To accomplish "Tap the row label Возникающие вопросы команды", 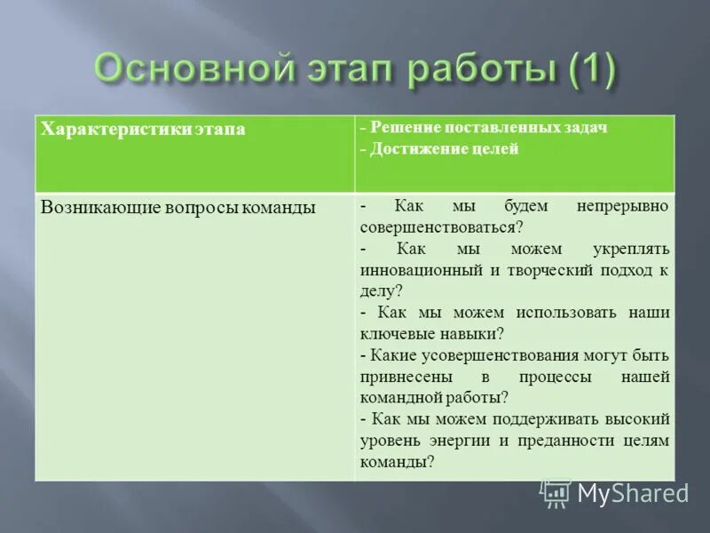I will coord(178,208).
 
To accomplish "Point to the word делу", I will coord(378,290).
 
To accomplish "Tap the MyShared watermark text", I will coord(632,493).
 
